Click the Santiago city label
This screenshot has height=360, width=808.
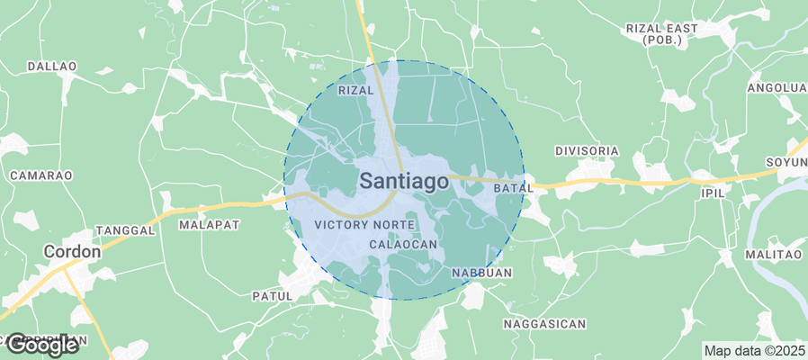click(x=404, y=181)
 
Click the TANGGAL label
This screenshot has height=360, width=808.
click(x=125, y=230)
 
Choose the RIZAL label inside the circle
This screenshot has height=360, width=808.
click(x=355, y=91)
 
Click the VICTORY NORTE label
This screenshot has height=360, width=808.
click(x=364, y=224)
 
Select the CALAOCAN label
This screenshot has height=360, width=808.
click(x=403, y=245)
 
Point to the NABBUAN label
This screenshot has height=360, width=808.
click(x=481, y=273)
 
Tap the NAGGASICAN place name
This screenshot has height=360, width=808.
click(x=545, y=324)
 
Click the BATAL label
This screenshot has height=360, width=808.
click(x=515, y=188)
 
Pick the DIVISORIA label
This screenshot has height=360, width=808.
click(x=588, y=150)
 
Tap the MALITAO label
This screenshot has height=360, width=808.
click(x=773, y=256)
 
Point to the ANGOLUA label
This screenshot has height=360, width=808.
click(x=777, y=87)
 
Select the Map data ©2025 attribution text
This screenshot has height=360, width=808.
click(x=754, y=350)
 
